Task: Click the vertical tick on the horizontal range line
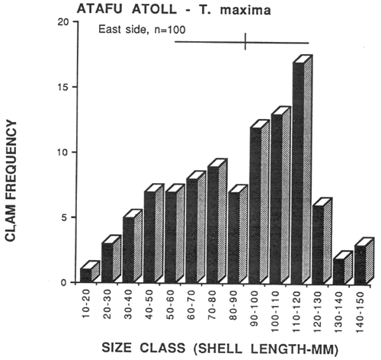(x=245, y=42)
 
